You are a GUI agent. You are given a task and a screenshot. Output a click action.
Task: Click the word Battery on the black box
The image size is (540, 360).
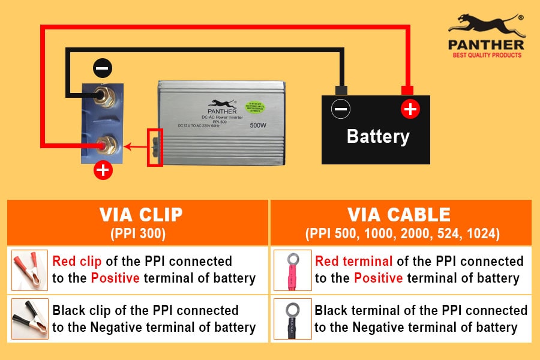click(x=378, y=136)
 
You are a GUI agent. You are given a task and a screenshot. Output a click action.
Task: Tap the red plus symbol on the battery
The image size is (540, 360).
click(x=410, y=109)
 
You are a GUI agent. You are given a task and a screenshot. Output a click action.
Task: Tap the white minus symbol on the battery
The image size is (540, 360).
click(x=341, y=109)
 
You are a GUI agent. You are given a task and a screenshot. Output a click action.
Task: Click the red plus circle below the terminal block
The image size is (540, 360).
click(x=103, y=170)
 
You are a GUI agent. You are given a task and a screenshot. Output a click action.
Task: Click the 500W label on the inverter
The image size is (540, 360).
click(x=259, y=126)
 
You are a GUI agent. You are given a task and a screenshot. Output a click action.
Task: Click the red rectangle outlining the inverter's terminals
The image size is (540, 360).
click(x=155, y=147)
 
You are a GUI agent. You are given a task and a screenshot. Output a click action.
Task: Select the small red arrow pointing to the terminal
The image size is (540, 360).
click(x=136, y=146)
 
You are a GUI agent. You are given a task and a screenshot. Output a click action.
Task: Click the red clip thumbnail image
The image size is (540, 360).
click(x=30, y=269)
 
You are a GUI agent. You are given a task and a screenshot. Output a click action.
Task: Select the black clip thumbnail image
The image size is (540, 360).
click(x=30, y=319)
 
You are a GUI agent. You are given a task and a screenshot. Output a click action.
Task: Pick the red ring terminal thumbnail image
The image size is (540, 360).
click(x=293, y=269)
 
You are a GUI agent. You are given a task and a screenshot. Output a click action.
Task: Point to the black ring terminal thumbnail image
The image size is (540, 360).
click(x=293, y=319)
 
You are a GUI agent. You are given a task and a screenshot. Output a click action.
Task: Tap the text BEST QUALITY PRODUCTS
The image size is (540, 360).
click(x=487, y=55)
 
